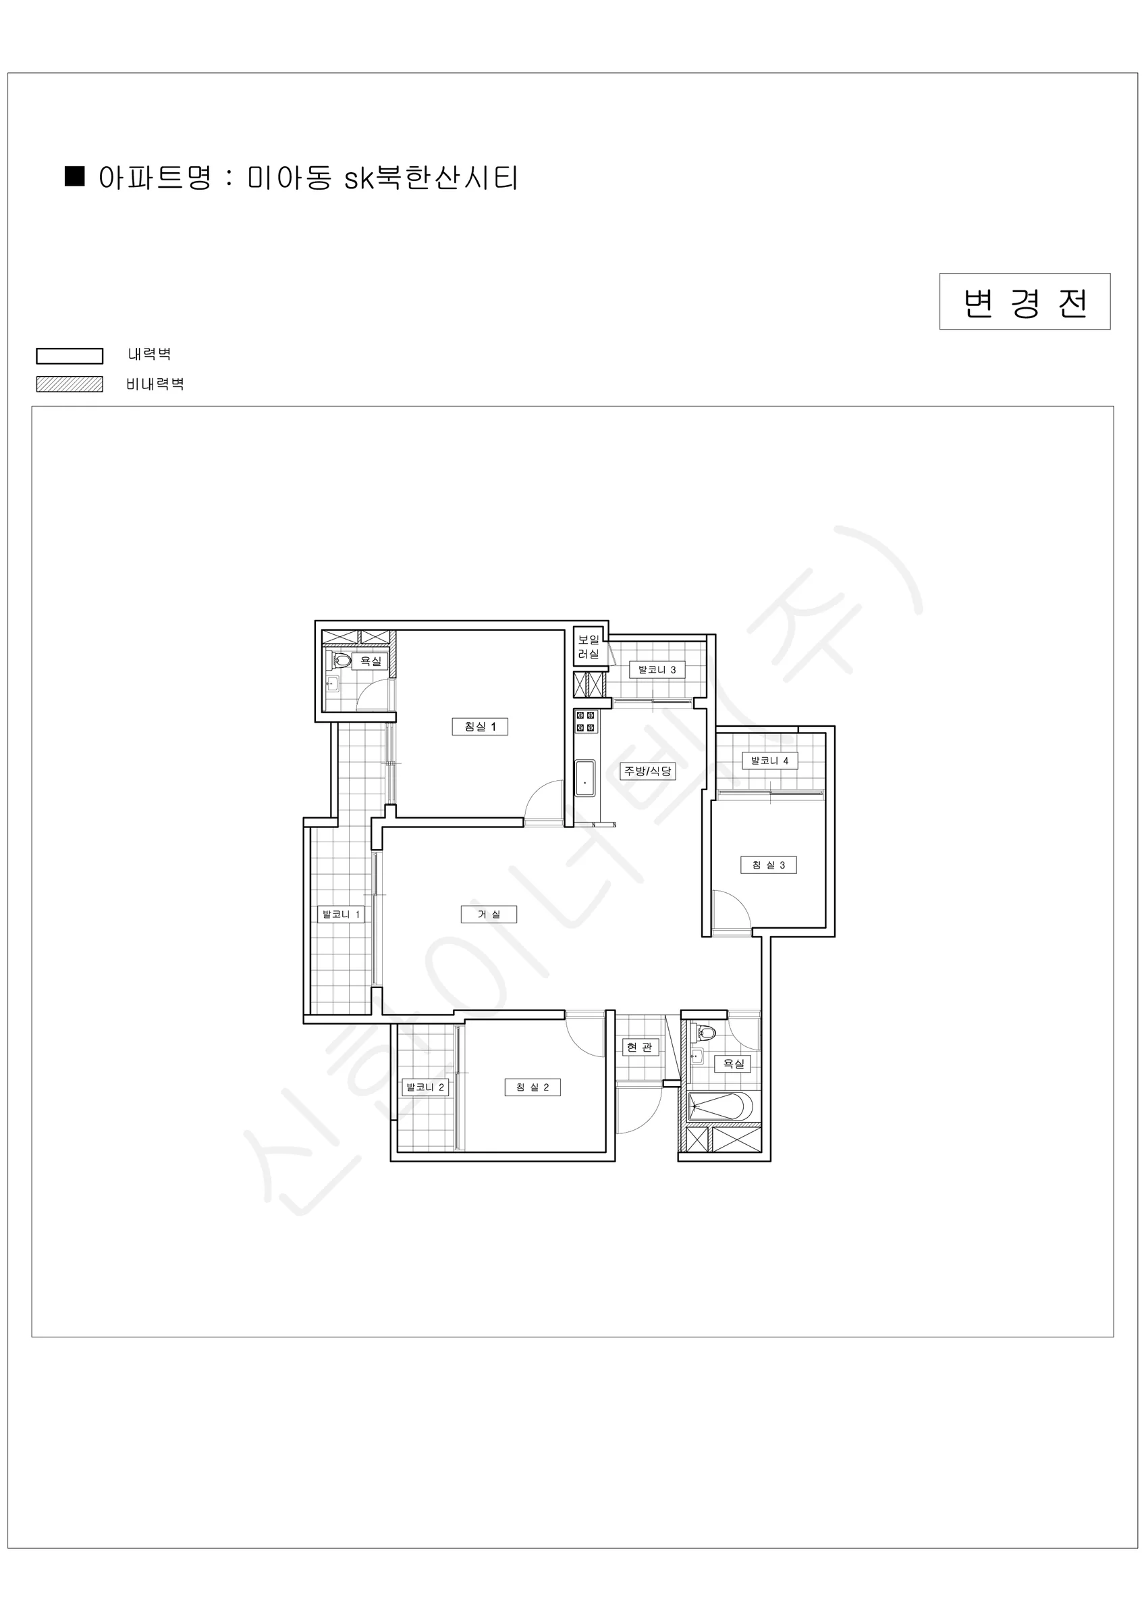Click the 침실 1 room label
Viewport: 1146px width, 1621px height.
(480, 727)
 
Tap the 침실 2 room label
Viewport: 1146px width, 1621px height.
(533, 1087)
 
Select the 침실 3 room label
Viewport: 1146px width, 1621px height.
(769, 865)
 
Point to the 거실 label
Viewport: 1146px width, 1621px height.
(489, 915)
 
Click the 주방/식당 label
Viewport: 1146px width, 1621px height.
(648, 771)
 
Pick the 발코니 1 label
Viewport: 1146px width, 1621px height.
(342, 915)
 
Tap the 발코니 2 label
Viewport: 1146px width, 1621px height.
(425, 1087)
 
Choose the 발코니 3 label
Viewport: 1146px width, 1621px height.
(657, 669)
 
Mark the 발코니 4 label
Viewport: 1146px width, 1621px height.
(770, 761)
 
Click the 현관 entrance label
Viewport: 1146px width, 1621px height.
(640, 1047)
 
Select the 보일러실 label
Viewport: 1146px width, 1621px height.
(589, 646)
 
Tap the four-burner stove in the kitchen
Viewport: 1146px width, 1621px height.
(586, 721)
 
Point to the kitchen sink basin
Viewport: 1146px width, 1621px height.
(585, 778)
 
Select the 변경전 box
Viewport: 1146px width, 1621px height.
(1025, 301)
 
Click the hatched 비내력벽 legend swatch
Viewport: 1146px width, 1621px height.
(70, 384)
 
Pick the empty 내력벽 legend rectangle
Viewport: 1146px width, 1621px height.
(70, 356)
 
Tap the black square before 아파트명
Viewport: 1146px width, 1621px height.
(75, 176)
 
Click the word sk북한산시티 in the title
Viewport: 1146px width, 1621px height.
(431, 178)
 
